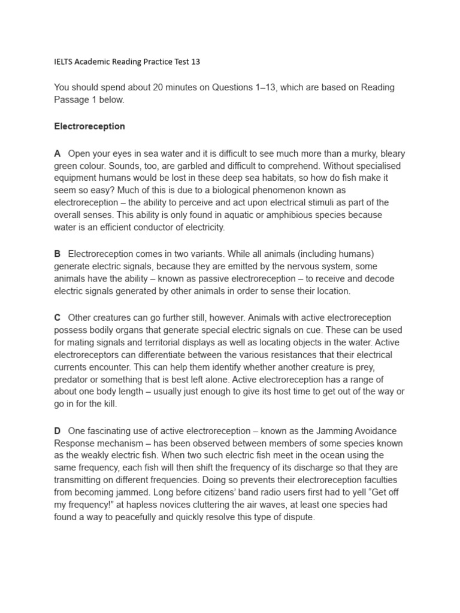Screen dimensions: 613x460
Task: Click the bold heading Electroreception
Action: click(x=89, y=126)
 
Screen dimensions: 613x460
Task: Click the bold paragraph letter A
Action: click(x=57, y=154)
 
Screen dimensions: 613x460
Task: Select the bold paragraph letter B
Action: click(x=57, y=254)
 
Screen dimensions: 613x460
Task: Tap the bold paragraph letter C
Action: click(x=57, y=318)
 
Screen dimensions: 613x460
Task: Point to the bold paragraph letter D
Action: click(x=57, y=431)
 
